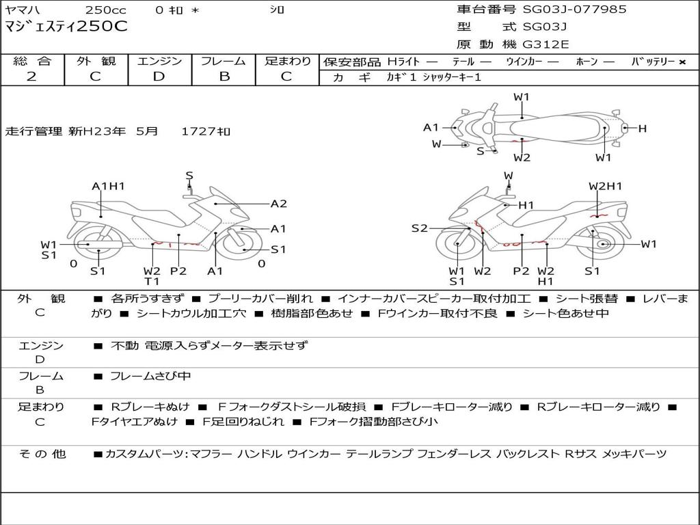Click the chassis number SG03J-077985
pos(574,10)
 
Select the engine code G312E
pos(546,44)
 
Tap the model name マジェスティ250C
pos(66,27)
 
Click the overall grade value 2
pos(31,77)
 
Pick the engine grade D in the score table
pos(159,77)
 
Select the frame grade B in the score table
pos(224,77)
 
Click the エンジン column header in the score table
pos(159,61)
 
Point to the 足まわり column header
pos(288,61)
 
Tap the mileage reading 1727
pos(199,131)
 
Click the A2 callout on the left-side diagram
pos(278,203)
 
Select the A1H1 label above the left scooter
pos(108,186)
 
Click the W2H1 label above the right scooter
pos(605,186)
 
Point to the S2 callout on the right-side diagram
pos(419,228)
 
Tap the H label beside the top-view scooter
pos(642,129)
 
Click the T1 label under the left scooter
pos(151,281)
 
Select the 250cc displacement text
pos(105,10)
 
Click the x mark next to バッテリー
pos(682,62)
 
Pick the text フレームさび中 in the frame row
pos(150,376)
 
